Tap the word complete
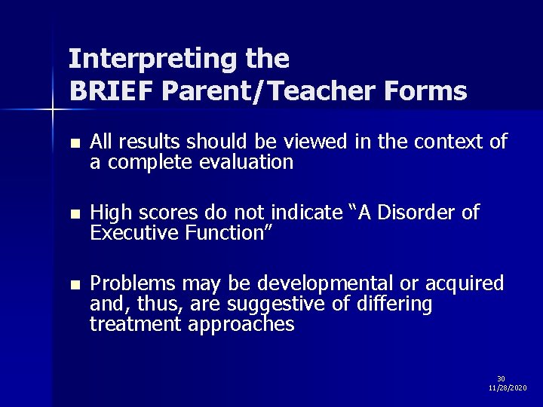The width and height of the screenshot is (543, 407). click(x=149, y=161)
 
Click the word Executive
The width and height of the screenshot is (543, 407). click(x=133, y=233)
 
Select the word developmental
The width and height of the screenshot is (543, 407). click(x=329, y=284)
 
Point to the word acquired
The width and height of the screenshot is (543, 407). click(x=468, y=284)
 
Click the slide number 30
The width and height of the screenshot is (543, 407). click(x=501, y=378)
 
